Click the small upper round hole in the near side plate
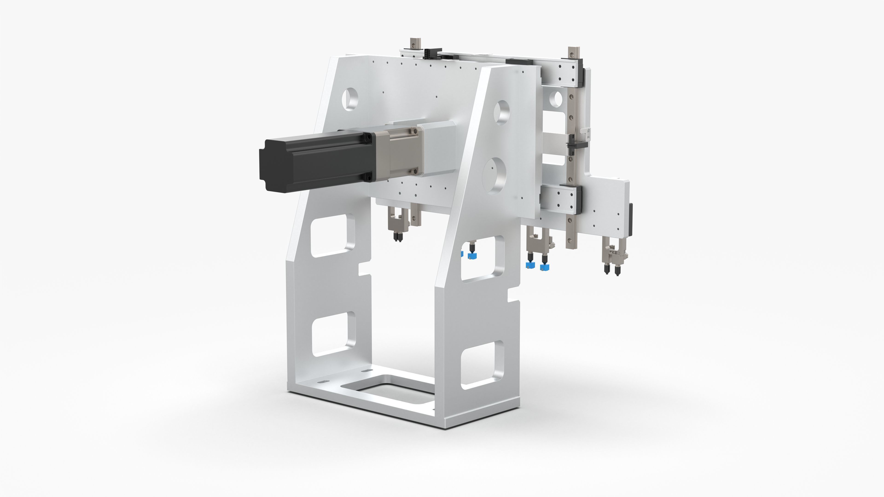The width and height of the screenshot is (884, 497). coord(502,112)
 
